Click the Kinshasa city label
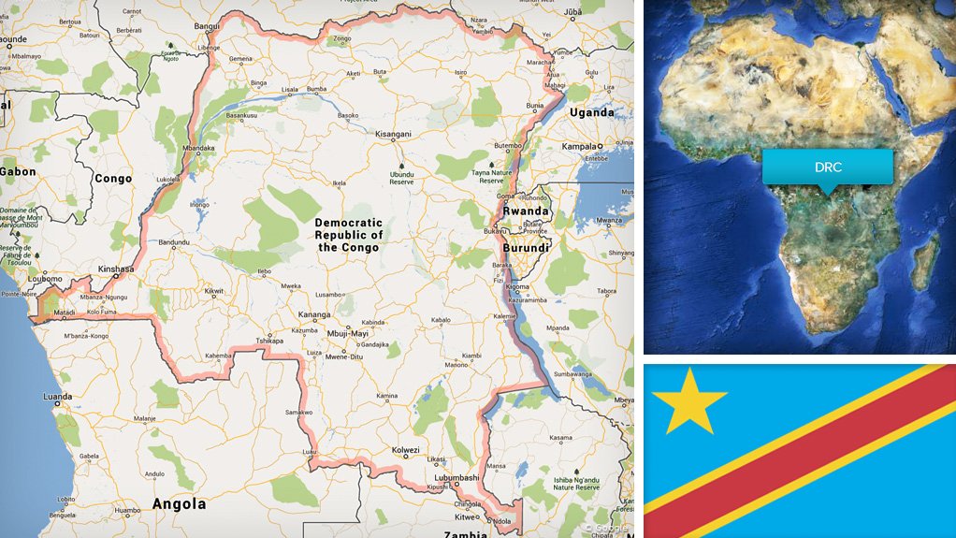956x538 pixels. (117, 269)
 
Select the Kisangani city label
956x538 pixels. (392, 134)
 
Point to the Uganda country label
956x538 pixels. (593, 112)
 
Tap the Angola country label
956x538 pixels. (179, 503)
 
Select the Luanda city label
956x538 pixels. (58, 396)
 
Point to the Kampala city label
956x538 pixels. (580, 147)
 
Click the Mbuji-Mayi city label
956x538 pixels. (349, 333)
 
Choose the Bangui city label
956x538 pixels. (207, 26)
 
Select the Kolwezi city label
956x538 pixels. (406, 449)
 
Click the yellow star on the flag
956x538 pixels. (688, 400)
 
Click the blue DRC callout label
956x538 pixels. (827, 166)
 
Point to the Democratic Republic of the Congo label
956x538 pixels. (348, 235)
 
